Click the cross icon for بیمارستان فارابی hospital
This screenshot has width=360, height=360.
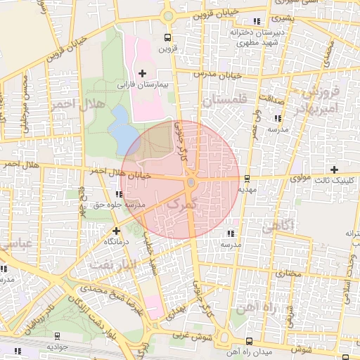tap(143, 73)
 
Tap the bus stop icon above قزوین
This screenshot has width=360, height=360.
tap(167, 38)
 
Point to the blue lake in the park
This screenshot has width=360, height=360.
tap(122, 130)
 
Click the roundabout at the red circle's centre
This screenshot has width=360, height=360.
tap(191, 183)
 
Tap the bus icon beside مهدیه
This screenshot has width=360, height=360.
tap(246, 178)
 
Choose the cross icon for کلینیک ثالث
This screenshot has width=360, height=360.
tap(334, 169)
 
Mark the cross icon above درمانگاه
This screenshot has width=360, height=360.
tap(116, 230)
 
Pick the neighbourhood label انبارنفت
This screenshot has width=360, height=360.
tap(111, 264)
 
